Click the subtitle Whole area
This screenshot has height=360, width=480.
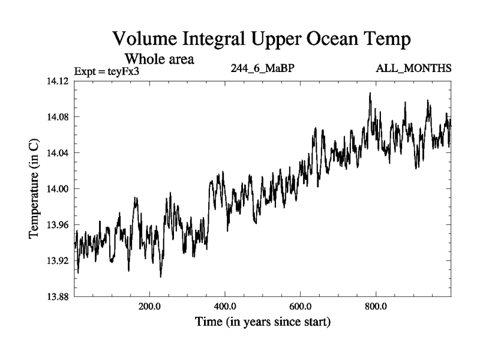click(x=159, y=59)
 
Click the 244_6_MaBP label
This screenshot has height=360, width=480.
click(x=262, y=68)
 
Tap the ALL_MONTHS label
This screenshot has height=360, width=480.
click(x=413, y=68)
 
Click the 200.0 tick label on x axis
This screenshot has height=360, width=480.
click(x=149, y=305)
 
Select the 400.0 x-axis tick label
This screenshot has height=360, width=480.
click(x=225, y=305)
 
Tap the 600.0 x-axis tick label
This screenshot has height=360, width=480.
click(x=301, y=305)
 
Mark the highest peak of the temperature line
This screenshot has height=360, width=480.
click(x=370, y=93)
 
